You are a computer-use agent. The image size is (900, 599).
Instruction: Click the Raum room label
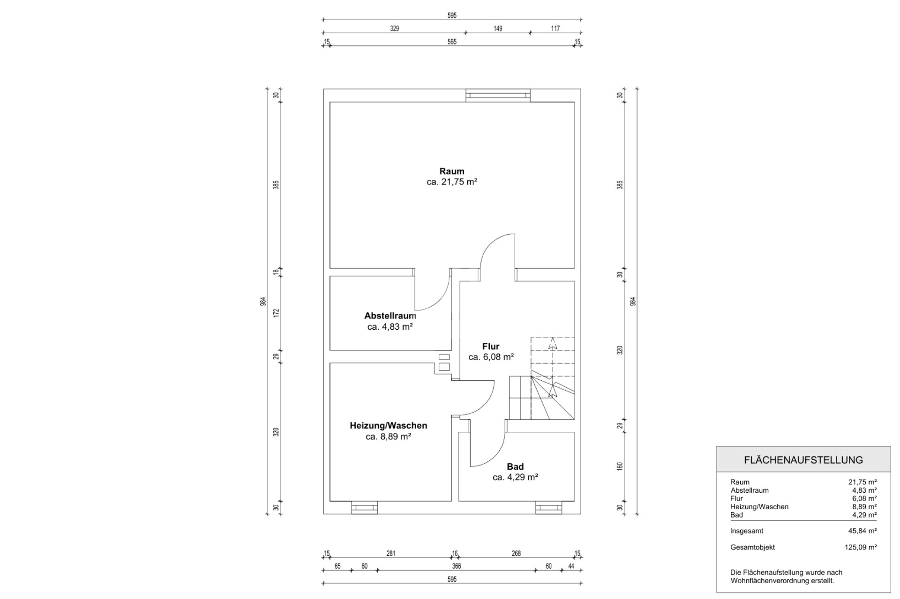click(452, 171)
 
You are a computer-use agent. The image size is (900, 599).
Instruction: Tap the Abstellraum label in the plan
click(390, 316)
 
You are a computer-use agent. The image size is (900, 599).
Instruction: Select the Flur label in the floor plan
click(491, 347)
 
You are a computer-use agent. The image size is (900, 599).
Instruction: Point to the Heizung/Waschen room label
click(388, 426)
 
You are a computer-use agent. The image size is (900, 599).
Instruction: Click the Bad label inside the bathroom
click(515, 466)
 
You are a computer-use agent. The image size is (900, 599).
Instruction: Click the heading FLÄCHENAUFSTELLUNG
click(803, 460)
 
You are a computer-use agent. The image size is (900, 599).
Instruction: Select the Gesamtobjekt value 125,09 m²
click(861, 547)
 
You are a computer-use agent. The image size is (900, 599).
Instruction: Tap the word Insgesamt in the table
click(747, 531)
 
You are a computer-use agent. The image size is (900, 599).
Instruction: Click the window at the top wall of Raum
click(498, 95)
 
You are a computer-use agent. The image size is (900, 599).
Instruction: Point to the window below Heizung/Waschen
click(364, 508)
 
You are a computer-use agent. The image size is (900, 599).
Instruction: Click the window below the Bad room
click(548, 508)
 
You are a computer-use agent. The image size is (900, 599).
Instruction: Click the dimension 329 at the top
click(395, 29)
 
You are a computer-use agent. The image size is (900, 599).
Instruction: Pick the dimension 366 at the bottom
click(457, 566)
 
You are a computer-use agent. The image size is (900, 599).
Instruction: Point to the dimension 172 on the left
click(276, 313)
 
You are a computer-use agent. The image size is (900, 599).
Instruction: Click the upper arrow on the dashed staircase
click(553, 344)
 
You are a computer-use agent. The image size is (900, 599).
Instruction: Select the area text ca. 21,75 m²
click(452, 182)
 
